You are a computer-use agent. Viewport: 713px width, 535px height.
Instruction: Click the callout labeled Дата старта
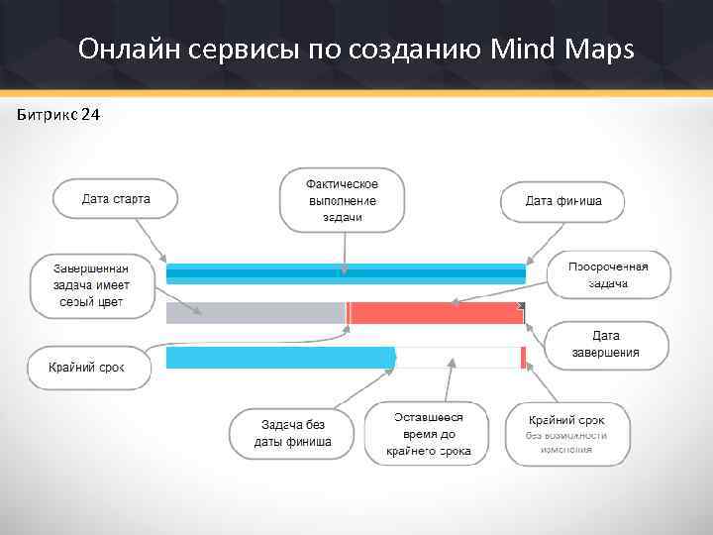pos(116,199)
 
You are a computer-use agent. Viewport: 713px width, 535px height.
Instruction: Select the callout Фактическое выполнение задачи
pos(342,200)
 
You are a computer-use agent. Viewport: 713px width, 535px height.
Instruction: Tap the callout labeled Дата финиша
pos(562,201)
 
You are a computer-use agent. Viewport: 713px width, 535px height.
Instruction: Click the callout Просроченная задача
pos(608,274)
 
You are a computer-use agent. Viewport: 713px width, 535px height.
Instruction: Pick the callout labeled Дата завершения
pos(606,345)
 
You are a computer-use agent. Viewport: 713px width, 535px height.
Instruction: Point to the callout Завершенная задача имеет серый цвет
pos(91,285)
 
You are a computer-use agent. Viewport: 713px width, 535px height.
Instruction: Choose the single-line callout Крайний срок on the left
pos(87,368)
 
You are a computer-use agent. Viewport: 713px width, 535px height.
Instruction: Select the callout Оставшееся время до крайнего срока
pos(428,434)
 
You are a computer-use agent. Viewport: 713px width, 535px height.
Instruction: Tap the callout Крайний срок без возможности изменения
pos(567,434)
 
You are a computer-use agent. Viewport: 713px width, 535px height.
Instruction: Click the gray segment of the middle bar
pos(255,313)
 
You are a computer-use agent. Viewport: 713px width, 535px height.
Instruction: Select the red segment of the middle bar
pos(436,313)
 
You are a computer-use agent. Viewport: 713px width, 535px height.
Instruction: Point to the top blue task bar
pos(346,272)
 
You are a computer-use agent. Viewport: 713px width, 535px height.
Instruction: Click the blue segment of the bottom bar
pos(280,358)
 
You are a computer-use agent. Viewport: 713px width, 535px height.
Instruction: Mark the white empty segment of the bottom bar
pos(458,358)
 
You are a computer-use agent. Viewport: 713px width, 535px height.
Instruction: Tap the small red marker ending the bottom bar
pos(523,358)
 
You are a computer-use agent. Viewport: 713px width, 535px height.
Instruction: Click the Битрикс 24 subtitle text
pos(57,116)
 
